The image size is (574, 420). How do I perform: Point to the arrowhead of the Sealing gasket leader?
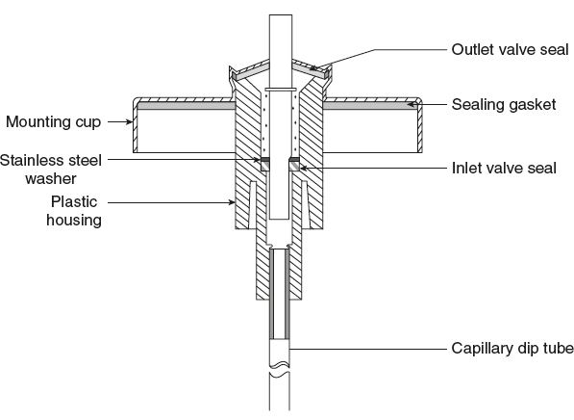[x=408, y=101]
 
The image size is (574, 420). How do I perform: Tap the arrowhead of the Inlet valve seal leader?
[x=301, y=167]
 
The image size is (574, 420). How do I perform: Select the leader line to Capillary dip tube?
[x=365, y=347]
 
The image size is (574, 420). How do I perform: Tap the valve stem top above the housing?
[x=279, y=29]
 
